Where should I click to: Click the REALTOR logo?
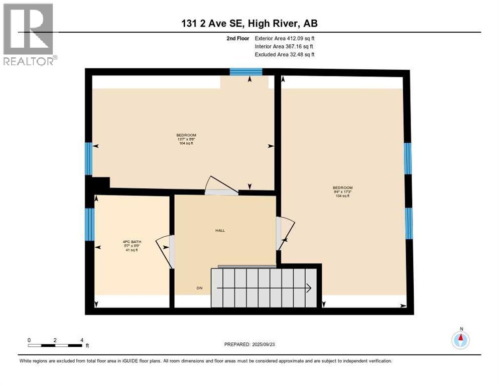point(28,34)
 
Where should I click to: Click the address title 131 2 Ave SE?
point(249,23)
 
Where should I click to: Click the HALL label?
point(220,231)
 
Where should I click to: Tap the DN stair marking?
point(200,288)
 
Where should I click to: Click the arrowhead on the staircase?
point(308,288)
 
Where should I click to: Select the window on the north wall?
point(246,72)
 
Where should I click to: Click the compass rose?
point(460,340)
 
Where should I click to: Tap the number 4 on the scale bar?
point(81,340)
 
